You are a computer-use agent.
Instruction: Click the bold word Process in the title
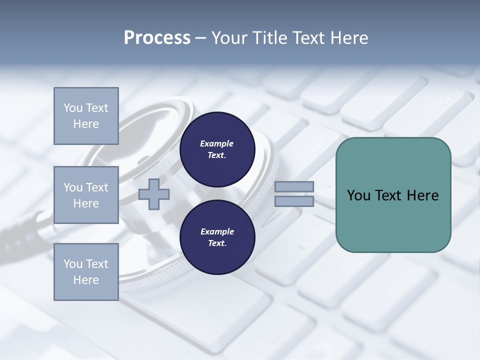click(x=157, y=38)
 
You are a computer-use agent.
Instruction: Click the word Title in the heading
click(x=267, y=38)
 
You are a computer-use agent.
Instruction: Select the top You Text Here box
click(x=86, y=116)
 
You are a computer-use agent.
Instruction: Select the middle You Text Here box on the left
click(x=86, y=195)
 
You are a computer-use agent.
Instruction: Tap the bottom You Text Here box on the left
click(x=86, y=272)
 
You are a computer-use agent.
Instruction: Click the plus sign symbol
click(x=154, y=194)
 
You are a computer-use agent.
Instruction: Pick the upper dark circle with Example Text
click(x=217, y=149)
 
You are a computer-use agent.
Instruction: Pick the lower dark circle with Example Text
click(x=217, y=237)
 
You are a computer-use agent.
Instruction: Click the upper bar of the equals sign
click(x=294, y=187)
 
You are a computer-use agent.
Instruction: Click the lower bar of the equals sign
click(x=294, y=201)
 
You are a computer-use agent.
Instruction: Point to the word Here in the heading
click(x=348, y=38)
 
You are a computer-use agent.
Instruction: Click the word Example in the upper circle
click(x=217, y=143)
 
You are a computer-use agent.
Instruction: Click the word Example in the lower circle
click(x=217, y=231)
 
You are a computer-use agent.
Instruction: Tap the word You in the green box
click(x=358, y=195)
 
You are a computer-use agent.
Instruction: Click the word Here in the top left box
click(x=86, y=124)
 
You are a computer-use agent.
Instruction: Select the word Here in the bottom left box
click(x=86, y=280)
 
